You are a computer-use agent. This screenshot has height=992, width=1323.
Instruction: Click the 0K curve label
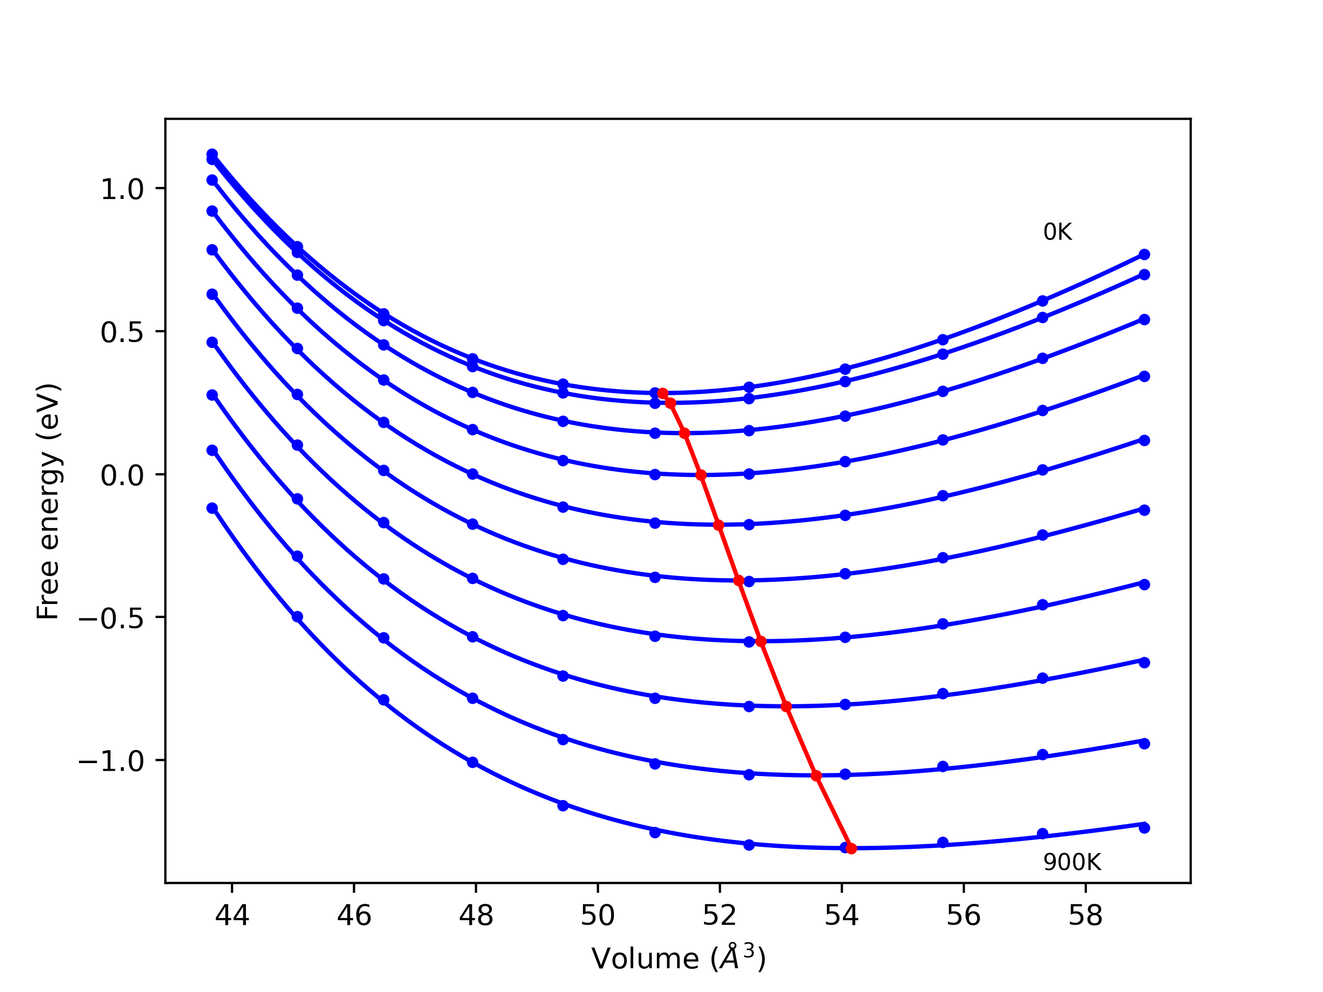click(1057, 232)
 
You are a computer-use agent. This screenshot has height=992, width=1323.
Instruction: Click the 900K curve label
click(1072, 862)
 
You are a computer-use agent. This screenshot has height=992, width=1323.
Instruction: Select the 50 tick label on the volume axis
click(597, 915)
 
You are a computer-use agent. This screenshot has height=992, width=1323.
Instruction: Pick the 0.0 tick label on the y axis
click(122, 476)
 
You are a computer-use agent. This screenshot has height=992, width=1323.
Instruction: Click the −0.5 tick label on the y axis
click(112, 618)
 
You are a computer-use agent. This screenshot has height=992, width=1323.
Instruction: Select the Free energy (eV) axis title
click(48, 501)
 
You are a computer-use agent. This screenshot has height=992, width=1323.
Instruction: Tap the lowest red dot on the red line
click(851, 848)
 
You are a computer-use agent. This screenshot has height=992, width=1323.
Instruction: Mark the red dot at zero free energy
click(701, 475)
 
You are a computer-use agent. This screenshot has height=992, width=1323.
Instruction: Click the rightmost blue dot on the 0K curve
click(1144, 255)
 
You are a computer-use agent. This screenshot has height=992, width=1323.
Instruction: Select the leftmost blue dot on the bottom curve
click(212, 508)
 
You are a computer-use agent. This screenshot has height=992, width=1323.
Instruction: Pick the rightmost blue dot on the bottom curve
click(1144, 828)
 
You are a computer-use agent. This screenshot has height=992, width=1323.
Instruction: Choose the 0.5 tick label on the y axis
click(122, 332)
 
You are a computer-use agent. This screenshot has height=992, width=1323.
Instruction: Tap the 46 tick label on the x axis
click(354, 915)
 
